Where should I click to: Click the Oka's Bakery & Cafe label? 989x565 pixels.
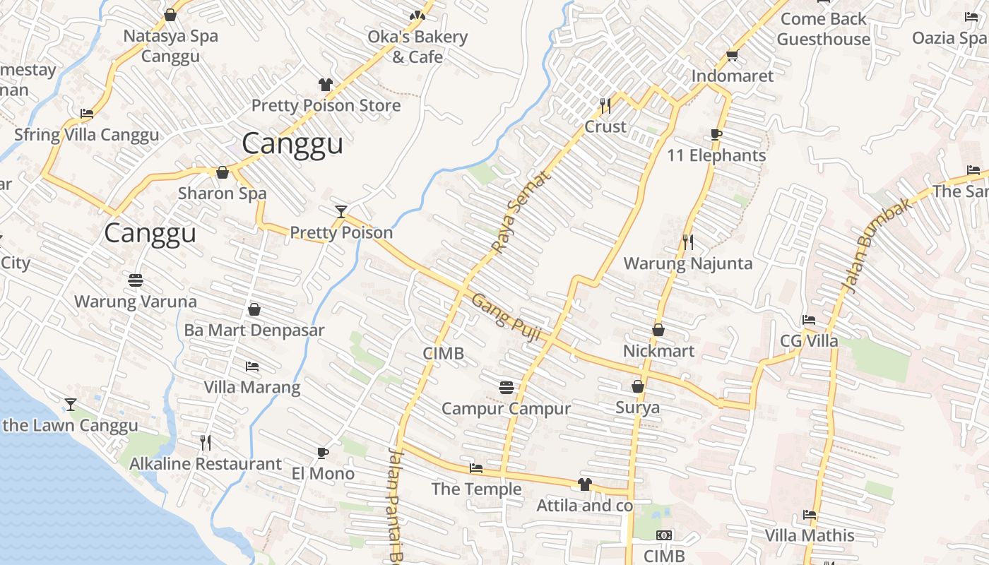click(x=417, y=47)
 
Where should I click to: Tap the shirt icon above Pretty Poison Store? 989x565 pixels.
click(x=325, y=85)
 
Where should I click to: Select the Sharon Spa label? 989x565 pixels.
click(x=222, y=193)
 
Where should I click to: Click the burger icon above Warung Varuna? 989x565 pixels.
click(x=136, y=280)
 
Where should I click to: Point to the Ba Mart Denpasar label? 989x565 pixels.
click(x=254, y=330)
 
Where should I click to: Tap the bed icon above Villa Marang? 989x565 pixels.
click(x=252, y=367)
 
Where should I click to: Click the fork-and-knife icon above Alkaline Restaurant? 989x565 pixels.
click(x=206, y=443)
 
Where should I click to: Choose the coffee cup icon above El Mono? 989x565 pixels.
click(x=323, y=453)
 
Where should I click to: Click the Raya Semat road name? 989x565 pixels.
click(x=521, y=213)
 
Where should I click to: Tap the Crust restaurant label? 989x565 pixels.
click(x=605, y=126)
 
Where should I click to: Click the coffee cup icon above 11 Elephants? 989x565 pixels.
click(x=716, y=134)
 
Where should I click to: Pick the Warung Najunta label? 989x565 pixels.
click(x=687, y=263)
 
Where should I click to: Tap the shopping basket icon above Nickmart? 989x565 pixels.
click(x=658, y=330)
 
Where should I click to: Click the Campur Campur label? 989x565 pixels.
click(x=506, y=408)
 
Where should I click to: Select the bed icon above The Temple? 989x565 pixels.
click(x=476, y=468)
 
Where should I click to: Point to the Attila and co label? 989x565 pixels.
click(x=584, y=506)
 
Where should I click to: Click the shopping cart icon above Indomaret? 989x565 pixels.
click(x=733, y=55)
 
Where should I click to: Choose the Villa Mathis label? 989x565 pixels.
click(x=810, y=535)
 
